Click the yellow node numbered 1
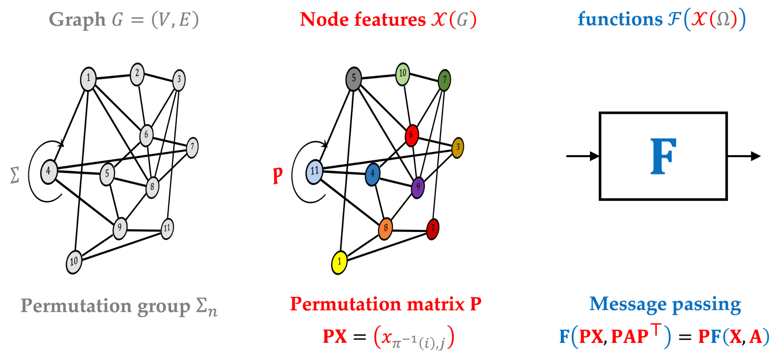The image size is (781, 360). click(339, 262)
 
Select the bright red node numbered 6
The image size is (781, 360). click(411, 135)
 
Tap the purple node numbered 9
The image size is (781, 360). click(418, 187)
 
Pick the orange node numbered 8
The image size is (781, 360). click(386, 228)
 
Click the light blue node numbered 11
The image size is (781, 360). click(315, 172)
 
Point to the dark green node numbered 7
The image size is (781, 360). click(444, 80)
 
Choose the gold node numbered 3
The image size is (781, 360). click(458, 148)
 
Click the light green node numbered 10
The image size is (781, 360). click(402, 74)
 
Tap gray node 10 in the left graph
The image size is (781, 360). click(74, 262)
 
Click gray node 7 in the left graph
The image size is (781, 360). click(192, 148)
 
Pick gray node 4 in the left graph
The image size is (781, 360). click(49, 172)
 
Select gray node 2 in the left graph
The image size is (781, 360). click(137, 74)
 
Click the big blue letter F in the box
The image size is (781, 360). click(663, 156)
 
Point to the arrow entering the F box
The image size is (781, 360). click(582, 156)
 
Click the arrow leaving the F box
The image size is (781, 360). click(744, 156)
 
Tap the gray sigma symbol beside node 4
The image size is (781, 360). click(14, 175)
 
